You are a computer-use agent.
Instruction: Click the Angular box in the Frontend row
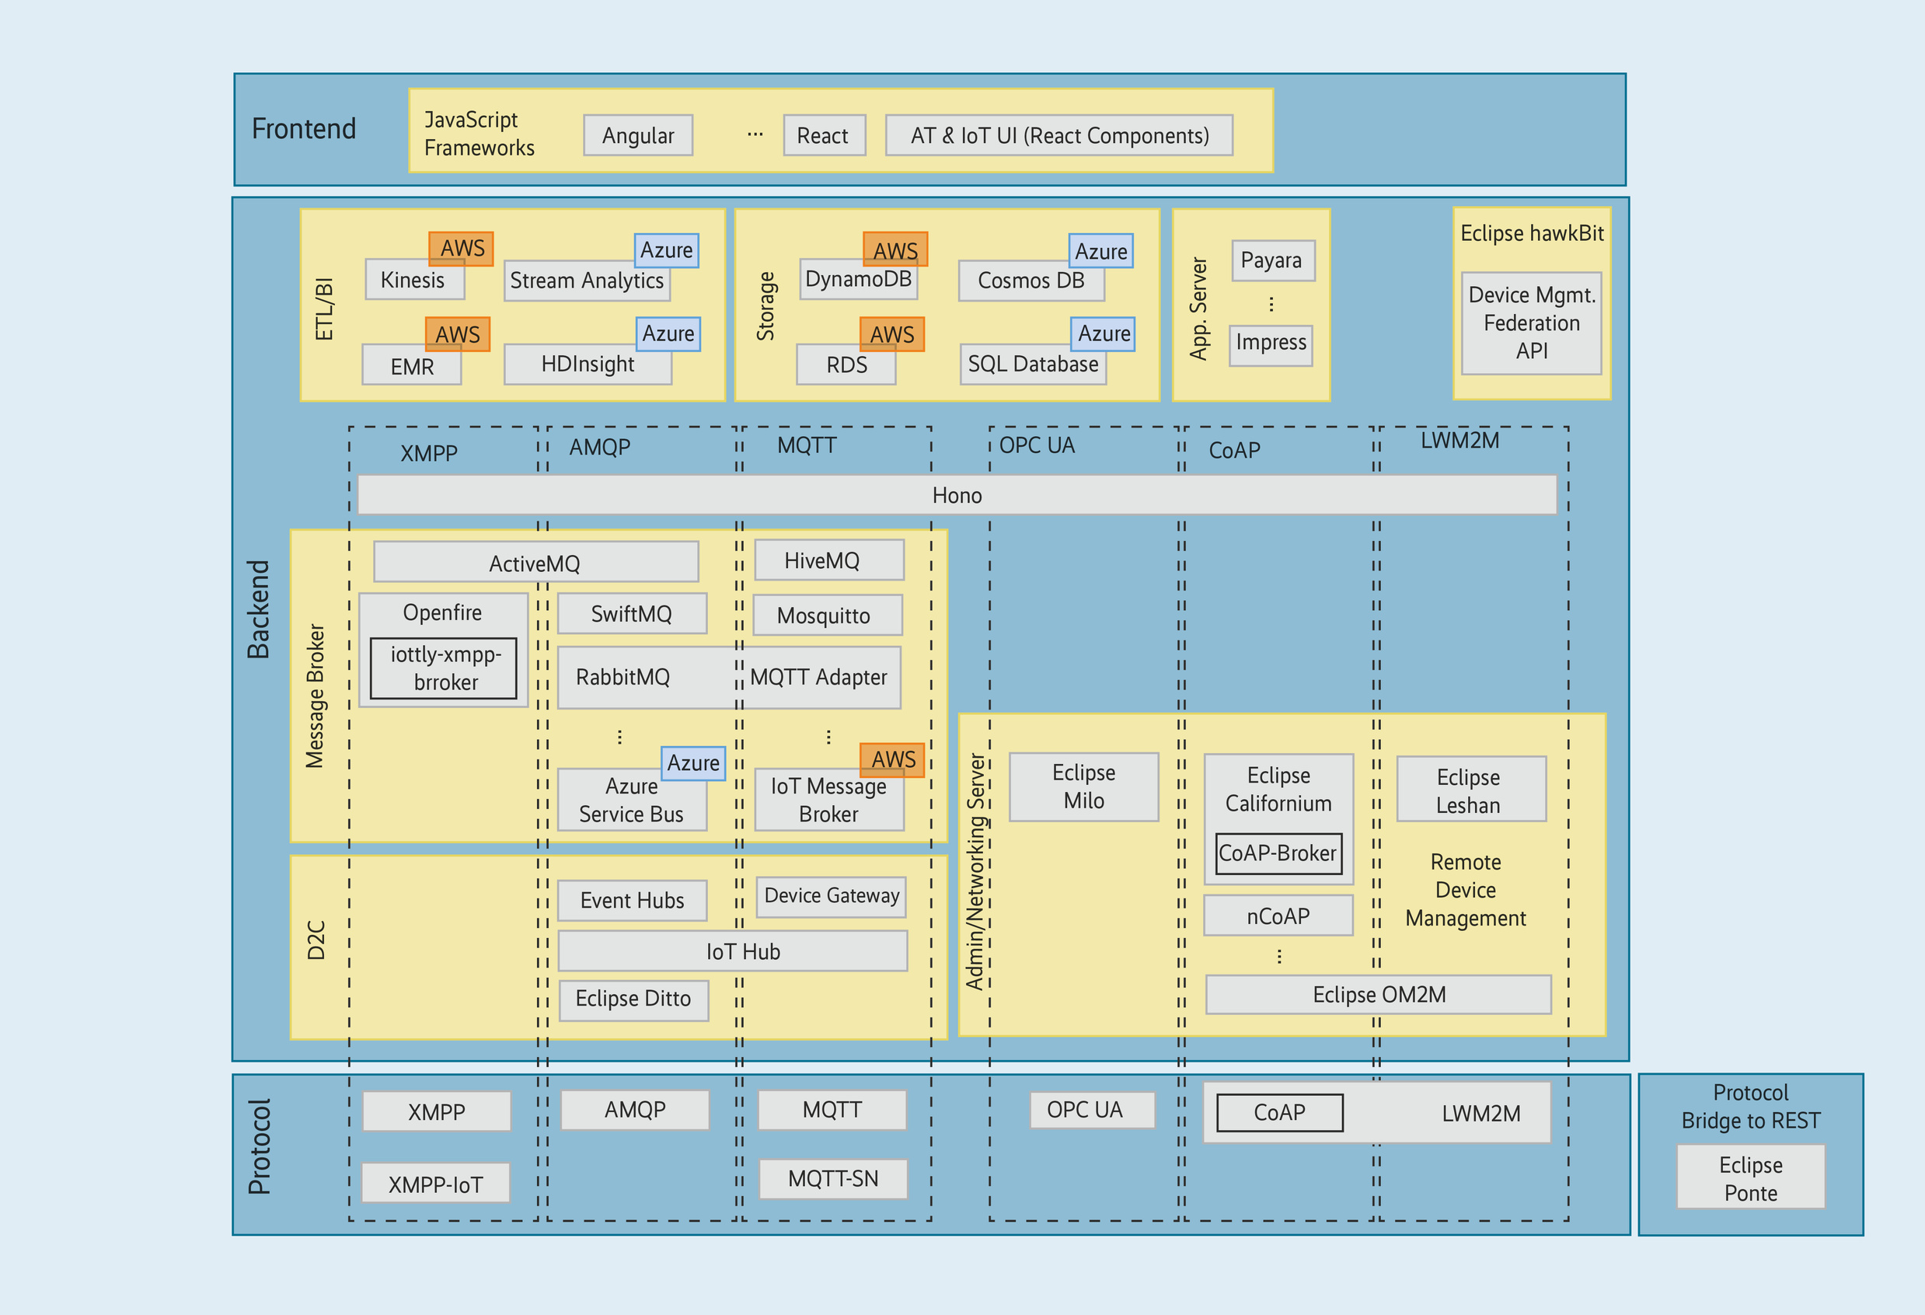coord(638,135)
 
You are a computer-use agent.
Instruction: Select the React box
coord(823,135)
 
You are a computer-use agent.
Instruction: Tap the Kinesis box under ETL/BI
coord(413,281)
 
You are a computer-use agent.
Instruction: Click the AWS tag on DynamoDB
coord(894,249)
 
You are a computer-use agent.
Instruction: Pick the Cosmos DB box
coord(1031,281)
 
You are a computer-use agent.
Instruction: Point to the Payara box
coord(1271,260)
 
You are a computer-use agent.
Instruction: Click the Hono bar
coord(957,494)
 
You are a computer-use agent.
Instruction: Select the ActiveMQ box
coord(535,563)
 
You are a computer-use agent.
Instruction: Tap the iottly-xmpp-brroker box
coord(444,668)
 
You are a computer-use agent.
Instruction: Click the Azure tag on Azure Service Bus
coord(693,762)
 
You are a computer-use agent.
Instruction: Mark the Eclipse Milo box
coord(1083,787)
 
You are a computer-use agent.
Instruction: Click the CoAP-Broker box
coord(1278,853)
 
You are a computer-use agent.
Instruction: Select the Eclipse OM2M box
coord(1379,994)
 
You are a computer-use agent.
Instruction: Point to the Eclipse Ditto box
coord(633,999)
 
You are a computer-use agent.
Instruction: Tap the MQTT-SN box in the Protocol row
coord(832,1178)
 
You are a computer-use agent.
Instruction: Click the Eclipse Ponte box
coord(1750,1177)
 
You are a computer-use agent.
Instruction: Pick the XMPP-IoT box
coord(436,1184)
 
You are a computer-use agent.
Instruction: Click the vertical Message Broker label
coord(315,696)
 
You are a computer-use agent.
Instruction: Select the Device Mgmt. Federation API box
coord(1531,323)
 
